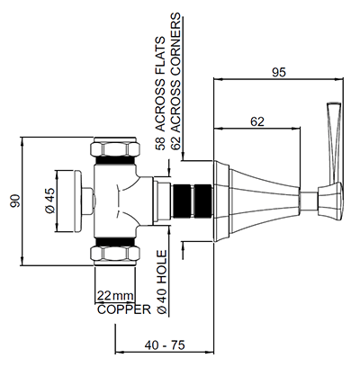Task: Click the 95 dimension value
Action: coord(279,73)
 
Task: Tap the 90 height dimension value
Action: coord(15,201)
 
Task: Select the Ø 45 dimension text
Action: coord(50,201)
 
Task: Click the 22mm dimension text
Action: coord(115,296)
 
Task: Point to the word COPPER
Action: coord(124,309)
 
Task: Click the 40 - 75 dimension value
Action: coord(165,345)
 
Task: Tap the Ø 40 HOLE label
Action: coord(161,282)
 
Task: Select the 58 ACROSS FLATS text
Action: coord(160,94)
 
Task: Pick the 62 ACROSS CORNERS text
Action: coord(175,81)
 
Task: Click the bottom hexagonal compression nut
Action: coord(115,255)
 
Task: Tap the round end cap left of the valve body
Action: coord(77,201)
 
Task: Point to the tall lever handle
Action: coord(334,143)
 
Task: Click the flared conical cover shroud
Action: coord(256,201)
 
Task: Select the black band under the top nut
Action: coord(114,162)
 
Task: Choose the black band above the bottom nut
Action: coord(114,241)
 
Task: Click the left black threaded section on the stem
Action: coord(182,201)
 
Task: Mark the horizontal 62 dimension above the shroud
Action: coord(256,129)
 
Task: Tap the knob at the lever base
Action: coord(330,201)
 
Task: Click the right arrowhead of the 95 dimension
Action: coord(339,79)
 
